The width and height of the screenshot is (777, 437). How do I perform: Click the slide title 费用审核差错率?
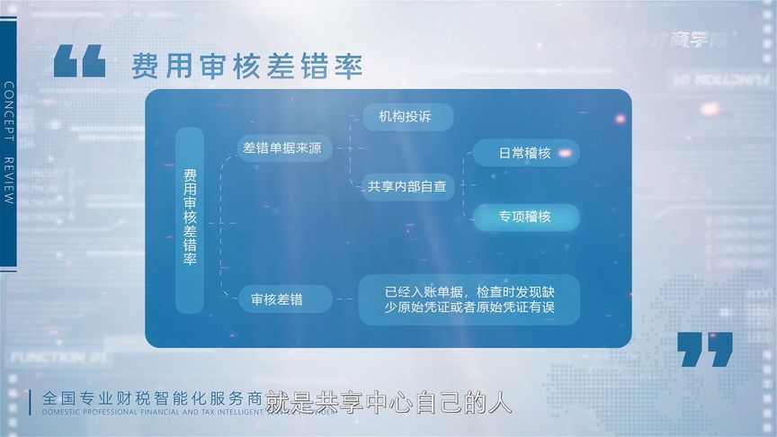pyautogui.click(x=246, y=66)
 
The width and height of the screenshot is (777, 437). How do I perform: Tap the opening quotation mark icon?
pyautogui.click(x=79, y=60)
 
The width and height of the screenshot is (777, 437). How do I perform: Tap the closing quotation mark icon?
pyautogui.click(x=705, y=349)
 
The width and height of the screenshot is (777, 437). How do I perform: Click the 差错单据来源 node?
pyautogui.click(x=281, y=147)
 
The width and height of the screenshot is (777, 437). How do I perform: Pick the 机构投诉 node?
pyautogui.click(x=408, y=117)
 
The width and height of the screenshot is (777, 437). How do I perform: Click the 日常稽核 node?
pyautogui.click(x=525, y=153)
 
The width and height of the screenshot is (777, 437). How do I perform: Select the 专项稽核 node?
pyautogui.click(x=525, y=217)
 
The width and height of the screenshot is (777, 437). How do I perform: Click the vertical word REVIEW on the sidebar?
pyautogui.click(x=8, y=183)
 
